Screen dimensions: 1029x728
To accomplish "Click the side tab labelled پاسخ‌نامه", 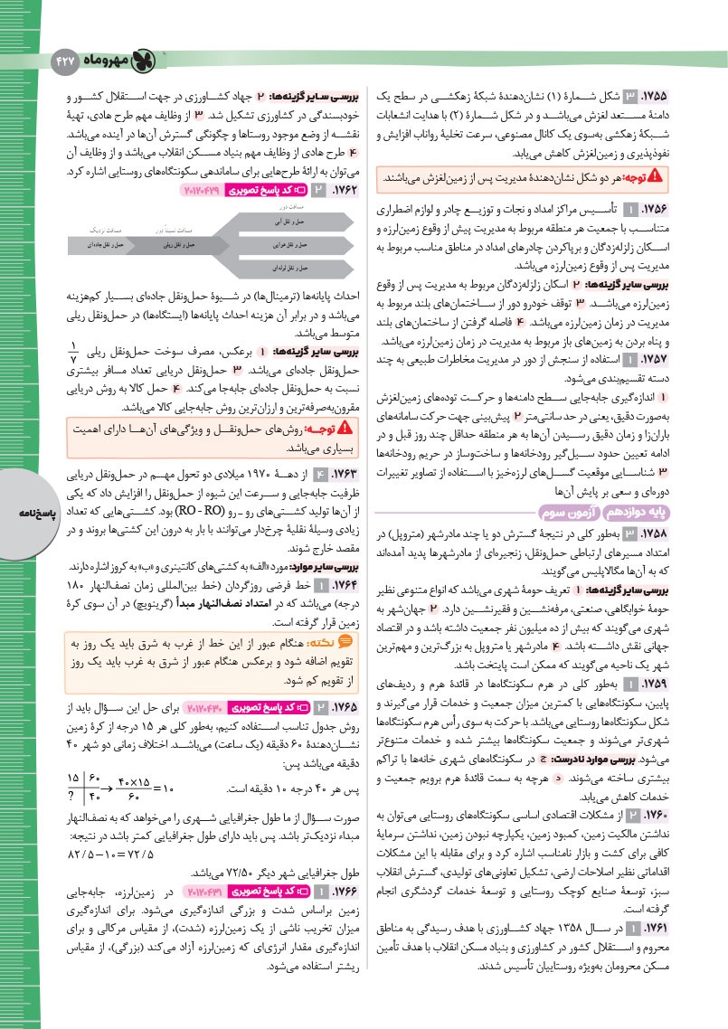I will pos(20,514).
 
